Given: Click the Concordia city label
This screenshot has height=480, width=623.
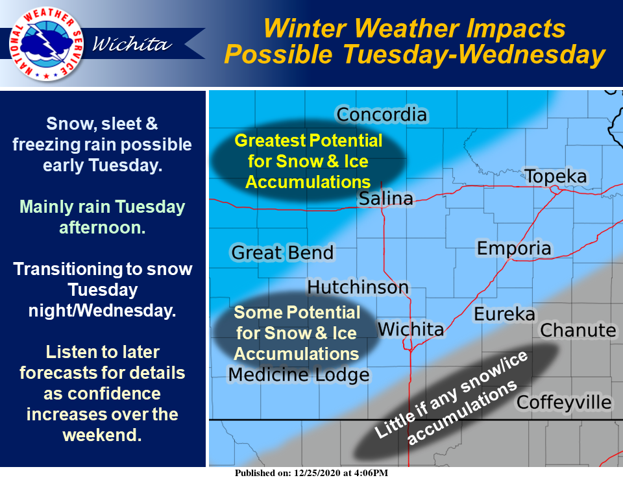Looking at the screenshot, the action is [382, 115].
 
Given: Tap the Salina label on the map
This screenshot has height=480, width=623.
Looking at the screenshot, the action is [385, 198].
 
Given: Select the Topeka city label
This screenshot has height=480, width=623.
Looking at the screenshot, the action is [556, 176].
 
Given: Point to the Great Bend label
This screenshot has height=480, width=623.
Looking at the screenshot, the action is [282, 252].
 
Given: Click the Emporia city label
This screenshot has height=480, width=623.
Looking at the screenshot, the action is [514, 248].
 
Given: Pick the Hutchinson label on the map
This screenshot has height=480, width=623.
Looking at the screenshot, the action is [358, 287].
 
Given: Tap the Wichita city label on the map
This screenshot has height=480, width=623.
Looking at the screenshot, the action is [410, 329].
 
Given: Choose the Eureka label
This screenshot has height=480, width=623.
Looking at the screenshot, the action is [505, 314].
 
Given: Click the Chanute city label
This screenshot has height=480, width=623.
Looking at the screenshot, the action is [578, 330].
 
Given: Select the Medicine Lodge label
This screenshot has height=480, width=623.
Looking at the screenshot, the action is [299, 374].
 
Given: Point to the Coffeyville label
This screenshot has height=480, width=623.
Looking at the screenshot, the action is [564, 402].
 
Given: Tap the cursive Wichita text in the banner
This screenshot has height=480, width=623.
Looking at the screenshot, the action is [132, 43].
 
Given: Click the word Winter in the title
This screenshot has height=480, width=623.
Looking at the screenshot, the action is [306, 29].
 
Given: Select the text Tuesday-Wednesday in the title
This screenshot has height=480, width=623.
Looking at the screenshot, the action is [474, 54].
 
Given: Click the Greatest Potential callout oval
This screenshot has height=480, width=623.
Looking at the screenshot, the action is [308, 162].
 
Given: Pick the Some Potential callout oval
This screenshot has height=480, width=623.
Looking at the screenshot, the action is [297, 333].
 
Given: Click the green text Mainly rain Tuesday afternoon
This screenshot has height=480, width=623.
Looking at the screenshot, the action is [102, 217].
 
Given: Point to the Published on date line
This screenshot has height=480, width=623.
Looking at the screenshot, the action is [311, 473].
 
